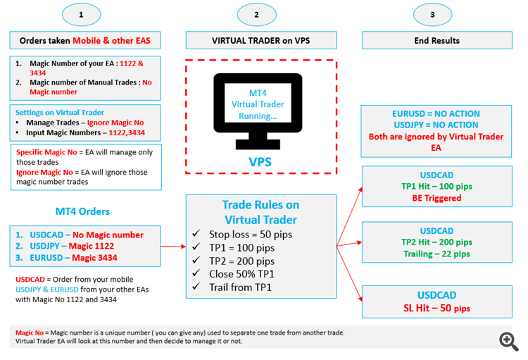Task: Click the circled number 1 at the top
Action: [81, 14]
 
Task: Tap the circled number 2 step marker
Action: [256, 14]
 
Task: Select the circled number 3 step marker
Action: [432, 14]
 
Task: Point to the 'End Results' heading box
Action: [436, 40]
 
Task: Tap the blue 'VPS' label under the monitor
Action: [260, 161]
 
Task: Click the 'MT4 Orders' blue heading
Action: [82, 211]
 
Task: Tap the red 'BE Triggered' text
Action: [436, 198]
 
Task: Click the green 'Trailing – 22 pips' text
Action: [436, 254]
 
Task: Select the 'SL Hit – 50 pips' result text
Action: [436, 308]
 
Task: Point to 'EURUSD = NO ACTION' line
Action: [436, 113]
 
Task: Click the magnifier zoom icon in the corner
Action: [509, 342]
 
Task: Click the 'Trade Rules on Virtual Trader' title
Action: [260, 212]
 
